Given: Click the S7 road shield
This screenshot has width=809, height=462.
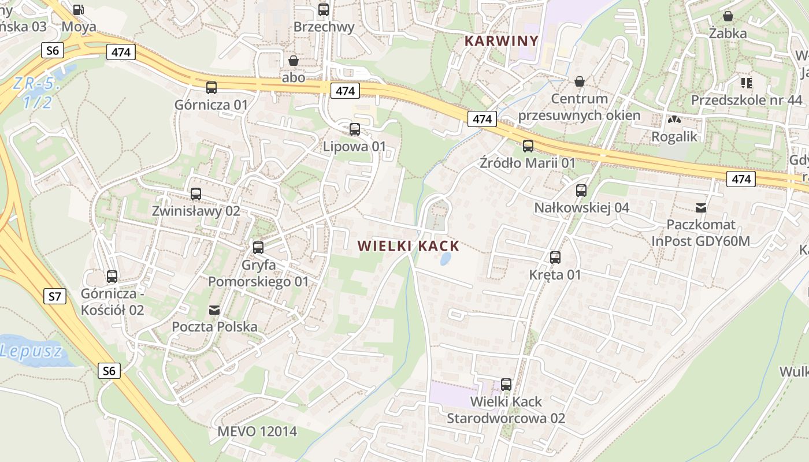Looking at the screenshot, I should point(54,297).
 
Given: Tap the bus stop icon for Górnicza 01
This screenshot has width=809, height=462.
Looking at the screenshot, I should point(211,88).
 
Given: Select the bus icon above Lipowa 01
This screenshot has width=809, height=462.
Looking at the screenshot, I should point(355,129).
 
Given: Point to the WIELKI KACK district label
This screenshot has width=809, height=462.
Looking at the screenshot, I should point(408,247).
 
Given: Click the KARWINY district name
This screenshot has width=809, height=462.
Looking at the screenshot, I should point(501,41).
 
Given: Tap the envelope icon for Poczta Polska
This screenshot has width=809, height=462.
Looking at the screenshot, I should point(214,310).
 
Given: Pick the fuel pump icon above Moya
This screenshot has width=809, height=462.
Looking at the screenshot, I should point(79,9).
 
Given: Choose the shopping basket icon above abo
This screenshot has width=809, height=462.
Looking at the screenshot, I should point(294,60).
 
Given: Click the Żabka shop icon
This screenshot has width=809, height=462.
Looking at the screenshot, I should point(728,16).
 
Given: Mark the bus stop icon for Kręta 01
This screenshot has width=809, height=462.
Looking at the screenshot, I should point(555,258).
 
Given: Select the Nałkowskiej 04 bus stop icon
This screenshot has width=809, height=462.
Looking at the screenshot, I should point(581,191).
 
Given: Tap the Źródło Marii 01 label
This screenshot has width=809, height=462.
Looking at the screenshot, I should point(528,163).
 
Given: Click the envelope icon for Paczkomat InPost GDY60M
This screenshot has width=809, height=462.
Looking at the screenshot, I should point(701,207).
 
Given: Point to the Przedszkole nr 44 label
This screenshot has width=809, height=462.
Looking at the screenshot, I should point(747,100).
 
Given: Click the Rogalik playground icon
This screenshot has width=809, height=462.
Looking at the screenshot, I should point(674,120).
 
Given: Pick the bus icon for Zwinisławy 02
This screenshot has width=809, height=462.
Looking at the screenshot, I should point(196,194).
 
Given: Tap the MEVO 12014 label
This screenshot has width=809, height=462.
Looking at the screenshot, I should point(257,431).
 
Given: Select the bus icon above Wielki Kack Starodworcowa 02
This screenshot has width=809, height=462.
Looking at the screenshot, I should point(506,385).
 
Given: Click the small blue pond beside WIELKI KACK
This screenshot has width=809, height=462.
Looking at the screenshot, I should point(446,258).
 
